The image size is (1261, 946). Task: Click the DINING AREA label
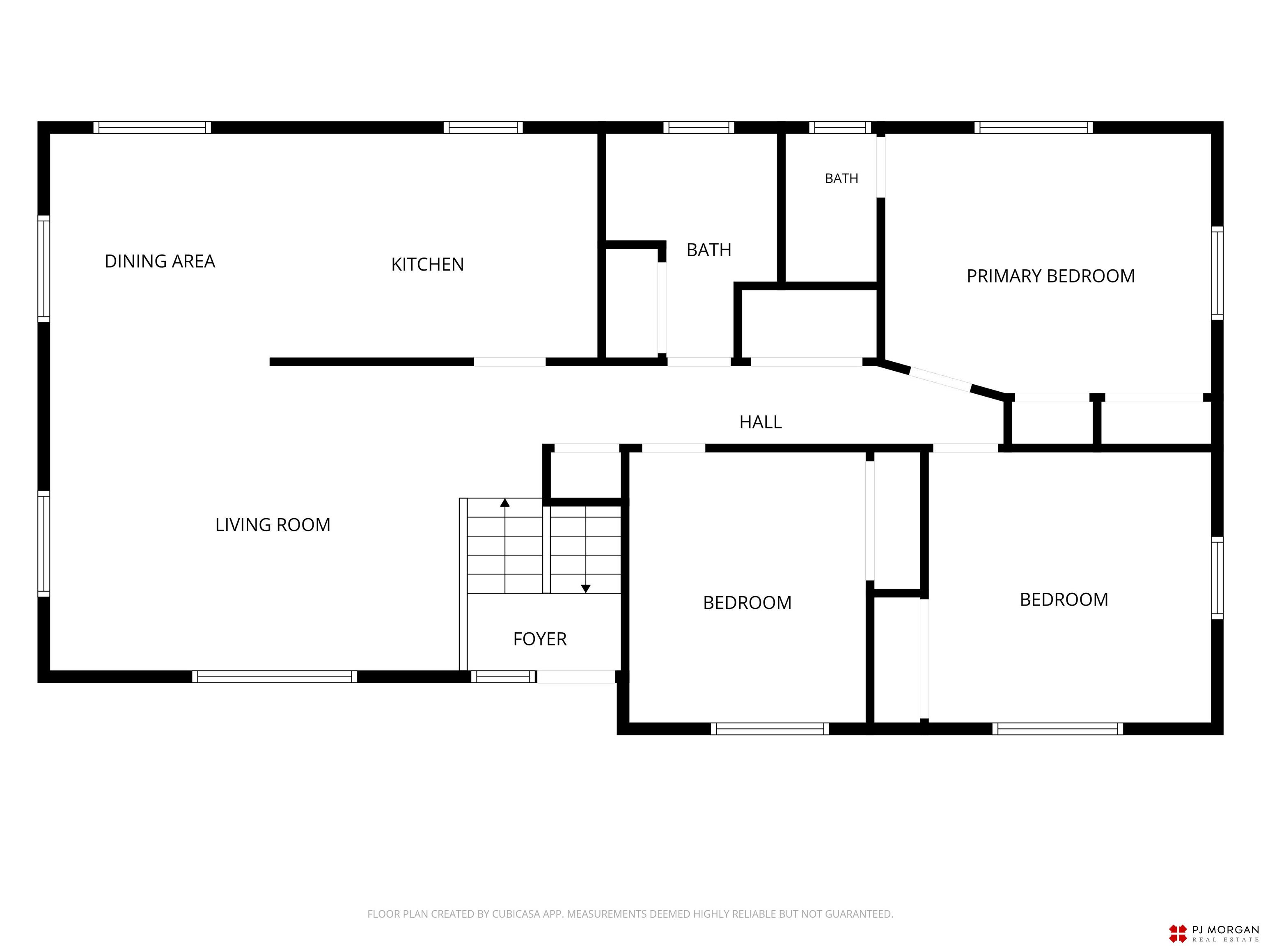click(x=160, y=261)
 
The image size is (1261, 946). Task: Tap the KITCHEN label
click(x=428, y=264)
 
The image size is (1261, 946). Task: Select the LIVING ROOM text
click(x=273, y=525)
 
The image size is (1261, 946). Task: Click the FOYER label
click(x=540, y=639)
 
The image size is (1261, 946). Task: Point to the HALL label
click(x=761, y=422)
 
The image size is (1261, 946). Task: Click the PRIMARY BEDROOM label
click(x=1051, y=276)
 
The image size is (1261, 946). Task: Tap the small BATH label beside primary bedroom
click(x=841, y=179)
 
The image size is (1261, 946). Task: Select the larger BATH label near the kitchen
click(x=708, y=250)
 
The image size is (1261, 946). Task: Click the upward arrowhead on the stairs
click(x=504, y=503)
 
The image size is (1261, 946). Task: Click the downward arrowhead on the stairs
click(x=585, y=588)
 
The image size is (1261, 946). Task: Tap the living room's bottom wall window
click(x=274, y=677)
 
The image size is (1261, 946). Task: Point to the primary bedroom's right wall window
click(x=1217, y=273)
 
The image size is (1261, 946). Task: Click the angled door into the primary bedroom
click(x=941, y=380)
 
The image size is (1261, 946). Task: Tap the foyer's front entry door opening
click(x=576, y=677)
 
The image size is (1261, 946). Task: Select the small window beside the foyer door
click(x=503, y=677)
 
